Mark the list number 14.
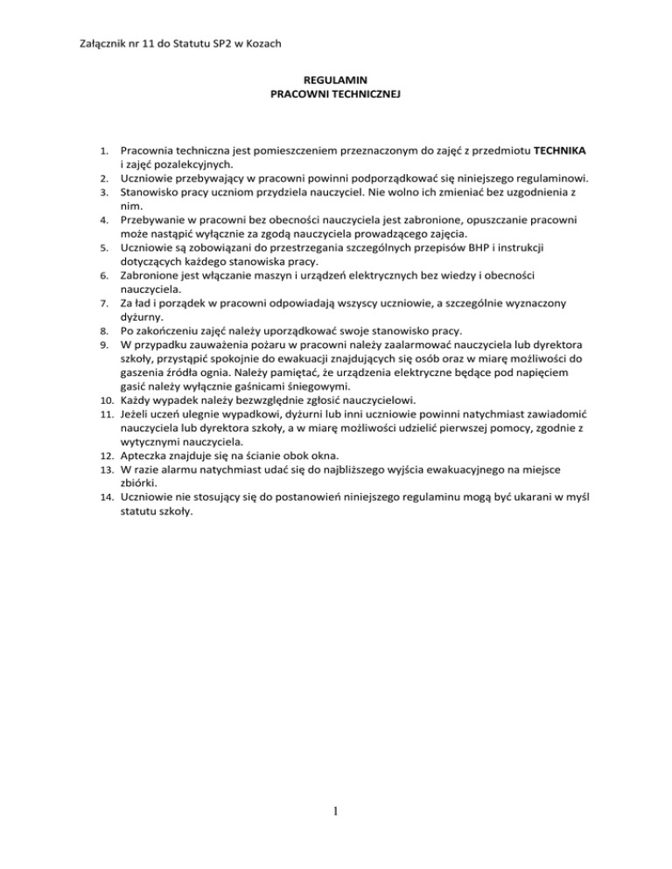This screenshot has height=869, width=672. (101, 499)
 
